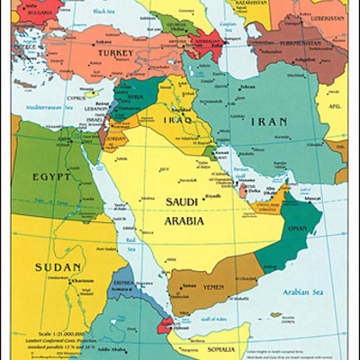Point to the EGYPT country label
tap(51, 177)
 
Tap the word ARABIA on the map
tap(183, 220)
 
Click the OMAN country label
tap(296, 229)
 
